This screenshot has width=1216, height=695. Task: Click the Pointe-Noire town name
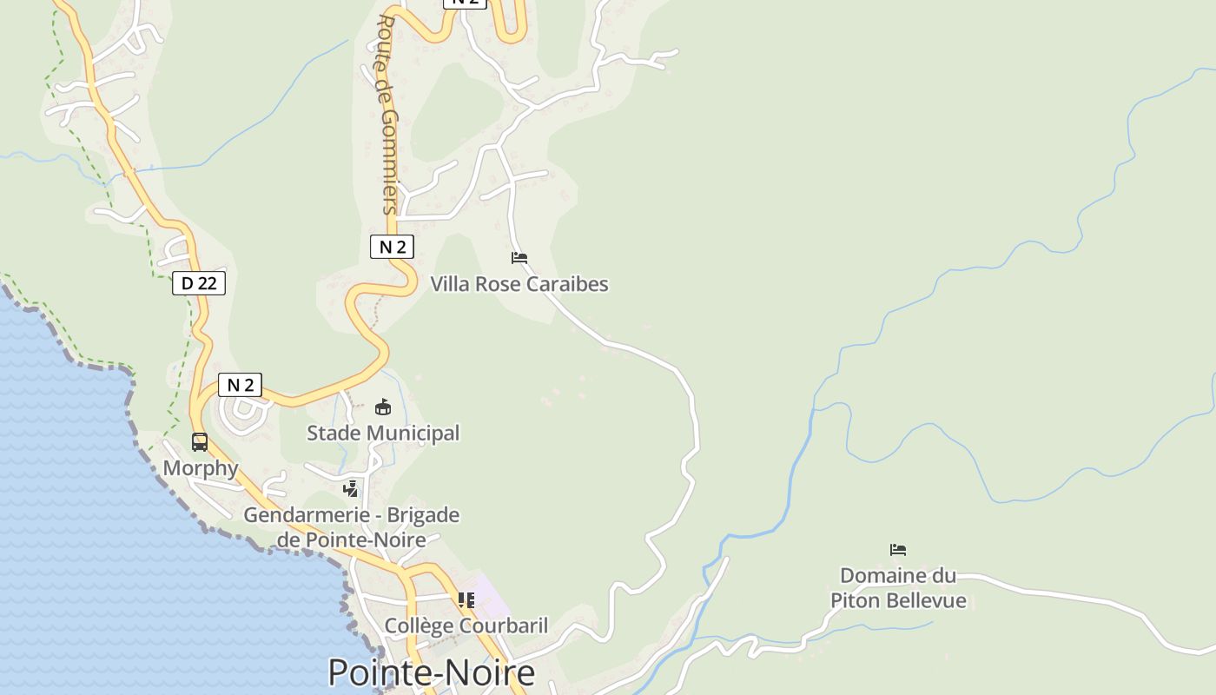point(431,673)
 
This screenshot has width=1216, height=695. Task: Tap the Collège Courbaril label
point(466,625)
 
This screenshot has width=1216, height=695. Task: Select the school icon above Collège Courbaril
point(466,599)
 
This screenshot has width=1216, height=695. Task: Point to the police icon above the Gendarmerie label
point(350,489)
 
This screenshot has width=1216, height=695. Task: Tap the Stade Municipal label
point(382,433)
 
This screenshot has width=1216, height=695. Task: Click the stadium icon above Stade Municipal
point(382,407)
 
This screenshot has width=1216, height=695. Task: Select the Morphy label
point(201,468)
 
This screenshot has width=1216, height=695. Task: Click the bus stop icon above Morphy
point(200,442)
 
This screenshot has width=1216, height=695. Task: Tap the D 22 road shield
point(199,283)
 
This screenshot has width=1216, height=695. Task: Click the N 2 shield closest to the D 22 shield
point(240,385)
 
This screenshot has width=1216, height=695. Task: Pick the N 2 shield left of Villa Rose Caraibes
point(392,247)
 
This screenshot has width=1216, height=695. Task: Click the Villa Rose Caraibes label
point(519,284)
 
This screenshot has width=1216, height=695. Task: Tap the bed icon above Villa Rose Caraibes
point(519,258)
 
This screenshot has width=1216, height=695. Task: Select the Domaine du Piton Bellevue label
point(898,588)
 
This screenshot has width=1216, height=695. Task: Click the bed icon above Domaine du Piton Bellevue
point(898,549)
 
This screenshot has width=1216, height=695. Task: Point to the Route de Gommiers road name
point(387,113)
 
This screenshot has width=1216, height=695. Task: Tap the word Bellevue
point(924,601)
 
